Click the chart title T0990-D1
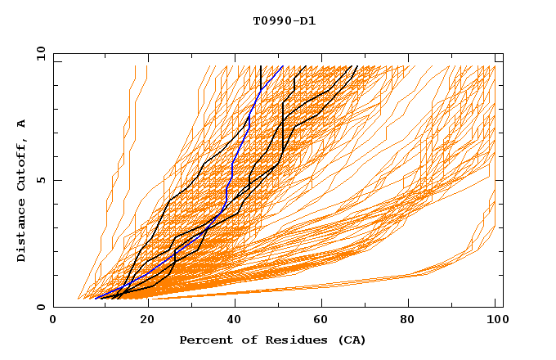pyautogui.click(x=284, y=20)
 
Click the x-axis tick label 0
pyautogui.click(x=53, y=321)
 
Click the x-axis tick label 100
pyautogui.click(x=495, y=321)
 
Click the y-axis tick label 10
pyautogui.click(x=40, y=54)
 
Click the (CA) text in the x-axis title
pyautogui.click(x=349, y=340)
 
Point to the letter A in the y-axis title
pyautogui.click(x=21, y=124)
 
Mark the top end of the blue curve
pyautogui.click(x=282, y=66)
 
